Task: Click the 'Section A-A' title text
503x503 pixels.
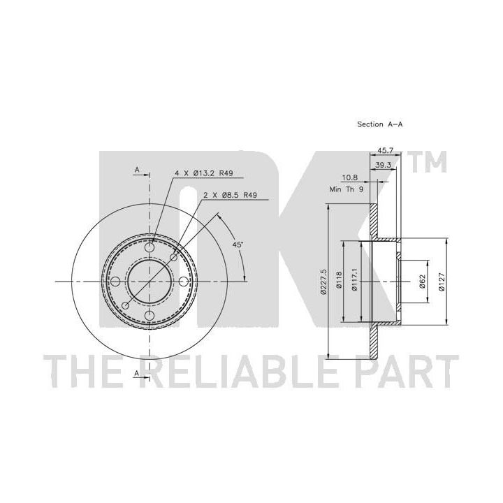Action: tap(380, 124)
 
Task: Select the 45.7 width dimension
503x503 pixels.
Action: tap(385, 150)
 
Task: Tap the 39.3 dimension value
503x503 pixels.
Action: tap(384, 165)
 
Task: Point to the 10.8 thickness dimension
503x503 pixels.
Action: tap(350, 177)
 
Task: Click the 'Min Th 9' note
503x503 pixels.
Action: tap(347, 189)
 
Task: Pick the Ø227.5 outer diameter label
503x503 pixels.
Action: tap(323, 282)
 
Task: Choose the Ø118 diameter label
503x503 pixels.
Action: tap(339, 281)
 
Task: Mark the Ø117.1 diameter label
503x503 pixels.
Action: tap(354, 279)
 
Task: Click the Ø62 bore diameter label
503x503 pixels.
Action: tap(422, 282)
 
